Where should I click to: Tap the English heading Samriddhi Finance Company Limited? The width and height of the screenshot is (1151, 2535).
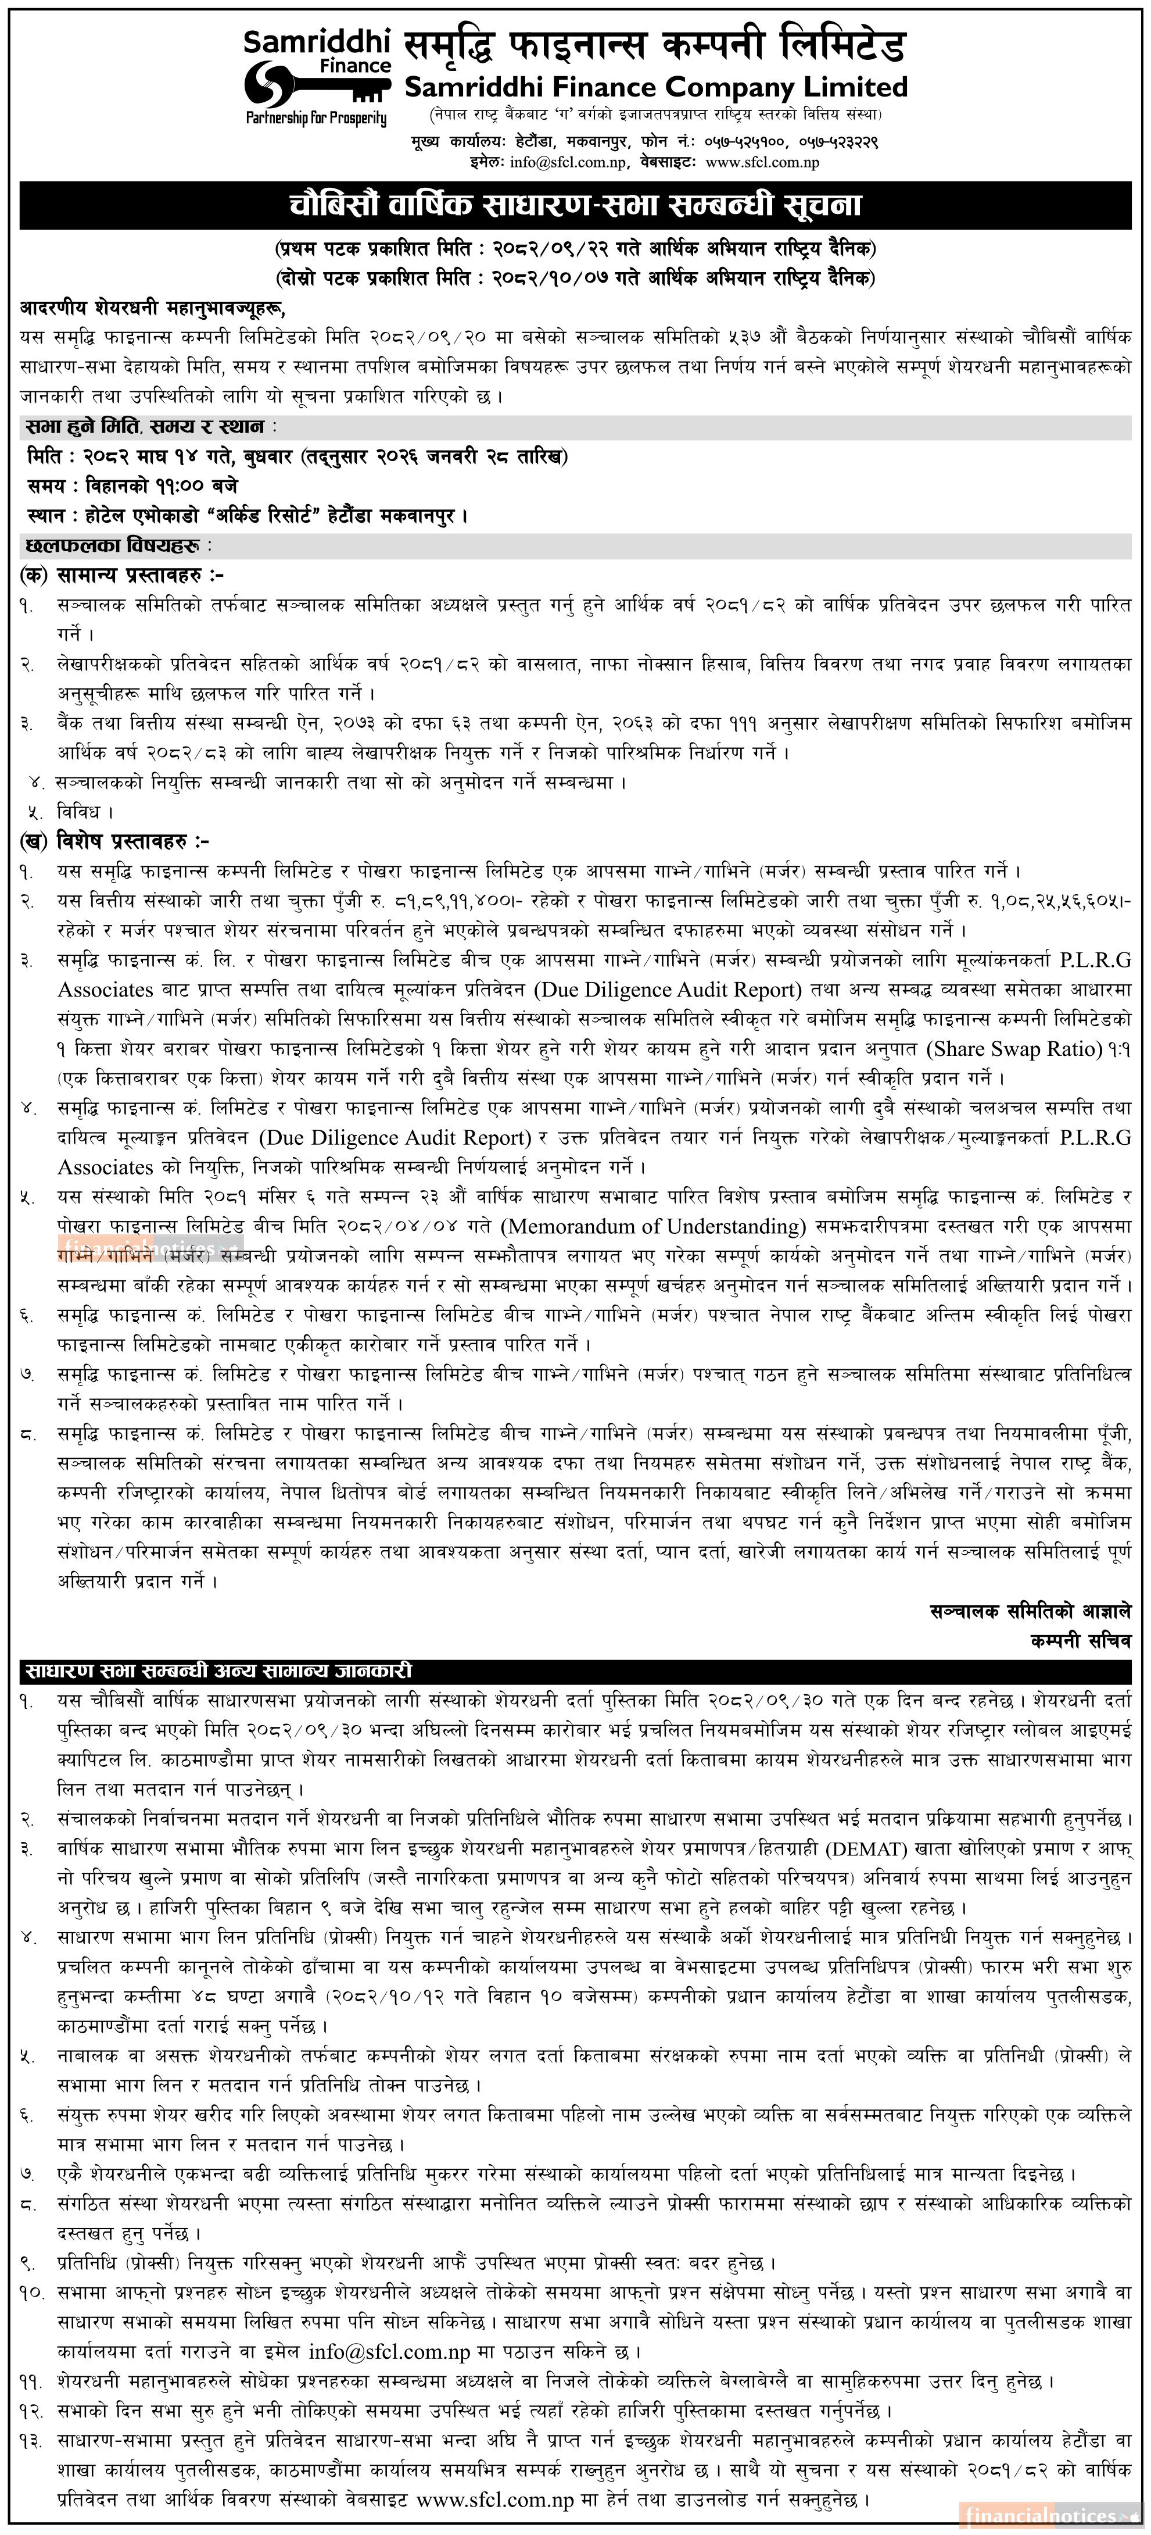[x=656, y=88]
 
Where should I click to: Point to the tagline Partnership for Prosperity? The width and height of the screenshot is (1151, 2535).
[x=316, y=119]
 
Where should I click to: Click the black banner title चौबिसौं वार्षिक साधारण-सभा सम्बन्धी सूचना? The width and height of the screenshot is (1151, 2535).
[x=575, y=206]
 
